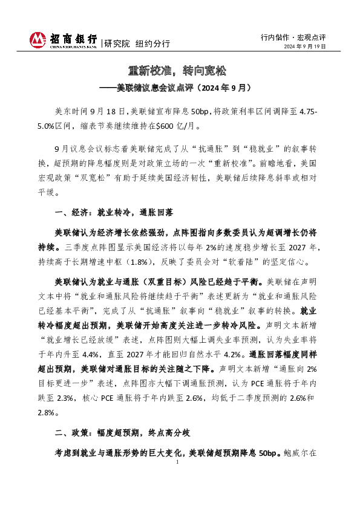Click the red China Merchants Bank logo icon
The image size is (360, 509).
(38, 41)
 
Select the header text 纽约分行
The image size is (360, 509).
(152, 44)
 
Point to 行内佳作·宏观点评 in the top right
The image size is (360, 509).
(293, 36)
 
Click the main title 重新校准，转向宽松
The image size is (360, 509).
(180, 71)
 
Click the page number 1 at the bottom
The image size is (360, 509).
(177, 462)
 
